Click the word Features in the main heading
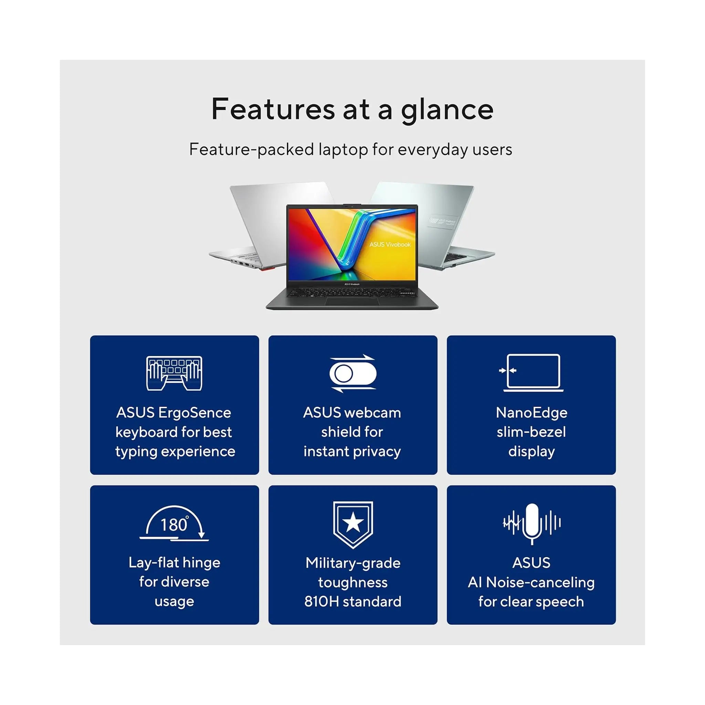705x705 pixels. [273, 109]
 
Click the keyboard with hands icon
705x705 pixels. [174, 373]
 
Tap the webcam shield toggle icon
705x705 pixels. [352, 373]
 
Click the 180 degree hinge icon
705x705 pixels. [174, 523]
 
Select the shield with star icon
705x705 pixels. [353, 524]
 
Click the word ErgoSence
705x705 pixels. [194, 413]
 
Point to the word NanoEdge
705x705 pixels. [532, 413]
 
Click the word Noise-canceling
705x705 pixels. [540, 582]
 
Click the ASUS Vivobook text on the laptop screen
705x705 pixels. [390, 244]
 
